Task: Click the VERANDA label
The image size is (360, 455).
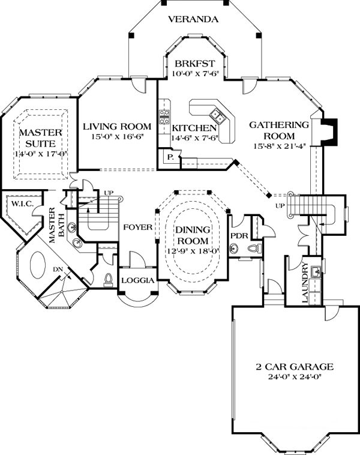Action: pos(193,19)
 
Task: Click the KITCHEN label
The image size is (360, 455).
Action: pos(194,128)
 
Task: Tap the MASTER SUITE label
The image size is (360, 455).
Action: pos(37,138)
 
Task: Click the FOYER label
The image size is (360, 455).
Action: pos(137,227)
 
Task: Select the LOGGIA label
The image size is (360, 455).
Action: pos(139,280)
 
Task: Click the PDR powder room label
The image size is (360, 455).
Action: pos(239,236)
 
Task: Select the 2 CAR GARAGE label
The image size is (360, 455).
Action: pos(293,367)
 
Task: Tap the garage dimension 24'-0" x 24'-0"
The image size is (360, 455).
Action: pos(293,377)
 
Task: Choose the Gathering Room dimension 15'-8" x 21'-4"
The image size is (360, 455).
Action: pos(279,145)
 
